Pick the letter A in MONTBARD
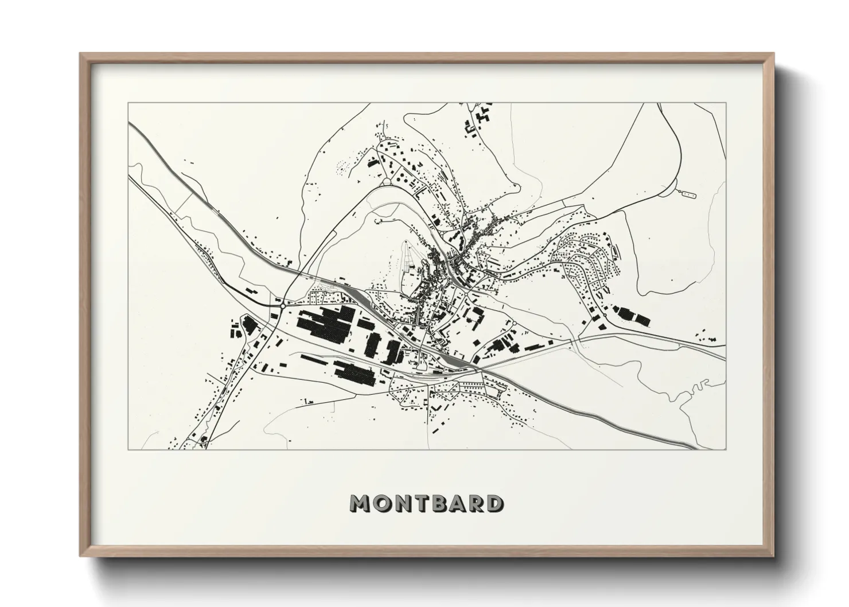pyautogui.click(x=458, y=504)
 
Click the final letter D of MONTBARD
pyautogui.click(x=492, y=504)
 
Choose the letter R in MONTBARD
pyautogui.click(x=475, y=504)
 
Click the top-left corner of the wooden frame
pyautogui.click(x=80, y=53)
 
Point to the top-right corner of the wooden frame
pyautogui.click(x=773, y=53)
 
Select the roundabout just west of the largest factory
pyautogui.click(x=283, y=306)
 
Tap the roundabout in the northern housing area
pyautogui.click(x=387, y=182)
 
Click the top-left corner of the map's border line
pyautogui.click(x=128, y=103)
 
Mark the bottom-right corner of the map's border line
pyautogui.click(x=726, y=449)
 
